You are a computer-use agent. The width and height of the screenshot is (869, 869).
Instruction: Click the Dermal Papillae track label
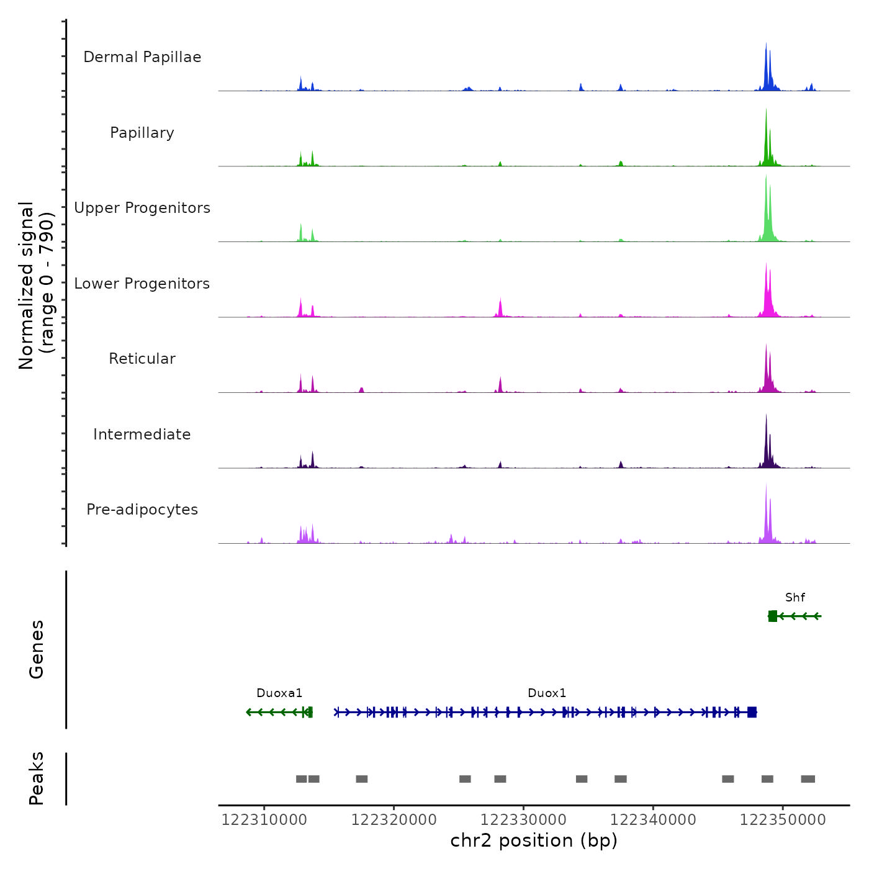point(142,57)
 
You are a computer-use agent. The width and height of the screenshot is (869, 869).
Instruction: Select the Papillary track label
point(142,133)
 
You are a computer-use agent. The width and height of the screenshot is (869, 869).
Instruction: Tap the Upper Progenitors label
point(142,208)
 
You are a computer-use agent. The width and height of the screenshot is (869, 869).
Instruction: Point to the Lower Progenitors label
point(142,284)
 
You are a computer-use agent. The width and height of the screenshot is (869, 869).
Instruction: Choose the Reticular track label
point(142,359)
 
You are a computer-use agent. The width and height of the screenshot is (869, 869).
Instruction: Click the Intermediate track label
point(142,434)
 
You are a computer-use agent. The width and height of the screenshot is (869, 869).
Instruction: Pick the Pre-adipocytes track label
point(142,510)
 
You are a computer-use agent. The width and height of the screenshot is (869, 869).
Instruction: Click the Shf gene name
point(795,598)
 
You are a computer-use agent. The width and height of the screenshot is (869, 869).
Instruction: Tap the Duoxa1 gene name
point(279,693)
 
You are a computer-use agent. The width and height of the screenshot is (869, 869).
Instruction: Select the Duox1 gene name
point(547,693)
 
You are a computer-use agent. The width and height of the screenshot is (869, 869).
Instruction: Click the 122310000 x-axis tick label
point(264,820)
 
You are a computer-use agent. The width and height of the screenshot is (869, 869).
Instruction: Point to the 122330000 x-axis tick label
point(523,820)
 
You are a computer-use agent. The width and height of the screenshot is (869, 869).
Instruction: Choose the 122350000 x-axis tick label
point(783,820)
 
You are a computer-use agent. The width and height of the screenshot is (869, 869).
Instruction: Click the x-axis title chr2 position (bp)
point(534,840)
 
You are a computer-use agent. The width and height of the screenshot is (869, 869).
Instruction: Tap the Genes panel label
point(37,649)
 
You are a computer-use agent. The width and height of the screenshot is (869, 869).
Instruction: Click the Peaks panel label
point(37,778)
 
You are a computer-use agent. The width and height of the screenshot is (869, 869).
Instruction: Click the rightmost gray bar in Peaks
point(808,779)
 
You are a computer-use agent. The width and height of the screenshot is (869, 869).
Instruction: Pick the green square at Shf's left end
point(772,616)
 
